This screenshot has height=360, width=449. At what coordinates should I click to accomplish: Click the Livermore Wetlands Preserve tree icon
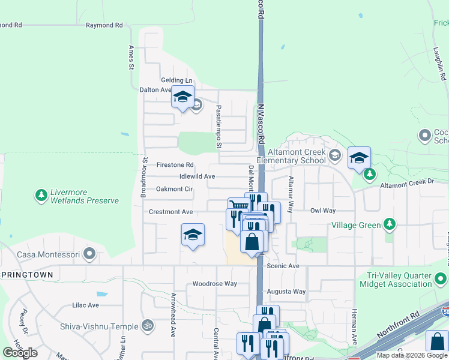(41, 196)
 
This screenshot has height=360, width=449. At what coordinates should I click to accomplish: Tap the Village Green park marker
(390, 224)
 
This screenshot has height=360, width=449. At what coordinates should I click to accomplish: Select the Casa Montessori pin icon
(90, 254)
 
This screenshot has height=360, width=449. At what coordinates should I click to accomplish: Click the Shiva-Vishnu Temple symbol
(148, 326)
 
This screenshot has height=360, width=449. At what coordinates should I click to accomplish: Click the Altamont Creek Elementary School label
(291, 156)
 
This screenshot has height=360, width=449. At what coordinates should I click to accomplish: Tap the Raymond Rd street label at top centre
(104, 25)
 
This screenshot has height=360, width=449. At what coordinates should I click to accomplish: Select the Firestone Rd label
(175, 164)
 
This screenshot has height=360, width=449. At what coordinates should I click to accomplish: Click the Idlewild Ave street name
(197, 176)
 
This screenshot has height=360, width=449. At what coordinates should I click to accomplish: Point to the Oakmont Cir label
(174, 189)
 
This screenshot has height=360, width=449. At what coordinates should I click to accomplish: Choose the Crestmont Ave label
(170, 212)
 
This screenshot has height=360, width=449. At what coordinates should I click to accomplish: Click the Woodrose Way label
(214, 284)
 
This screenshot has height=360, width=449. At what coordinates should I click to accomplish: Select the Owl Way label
(322, 211)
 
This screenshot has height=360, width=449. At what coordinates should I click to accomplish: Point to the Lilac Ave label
(85, 305)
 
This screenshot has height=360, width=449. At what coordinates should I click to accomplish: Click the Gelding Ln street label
(176, 80)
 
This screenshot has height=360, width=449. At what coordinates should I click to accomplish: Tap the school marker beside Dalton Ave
(182, 97)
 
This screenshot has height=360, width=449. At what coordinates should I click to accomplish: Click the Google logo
(20, 352)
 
